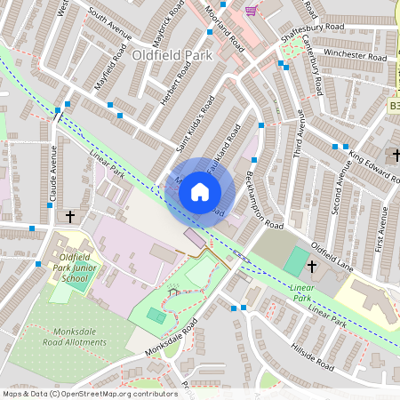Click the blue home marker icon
200,191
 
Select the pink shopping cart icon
252,11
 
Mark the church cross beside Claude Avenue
70,216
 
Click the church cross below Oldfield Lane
312,267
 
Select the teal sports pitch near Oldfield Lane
295,261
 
